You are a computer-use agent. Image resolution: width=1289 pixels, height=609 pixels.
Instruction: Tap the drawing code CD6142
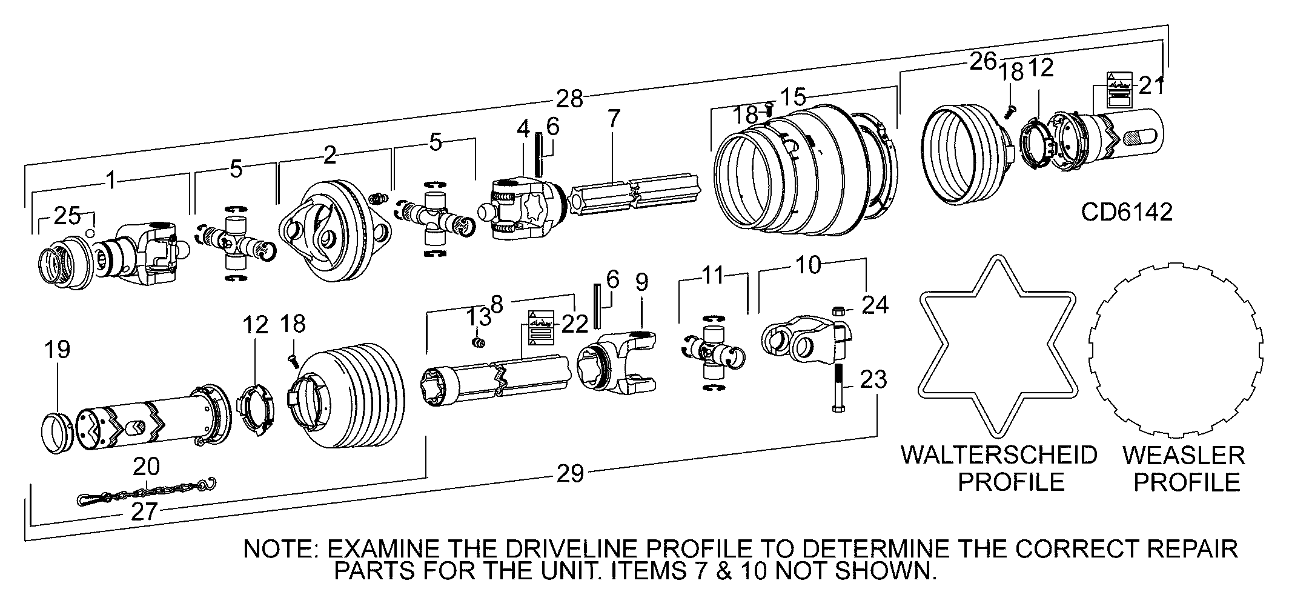coord(1127,212)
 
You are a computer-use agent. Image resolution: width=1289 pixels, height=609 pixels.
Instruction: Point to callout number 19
coord(57,350)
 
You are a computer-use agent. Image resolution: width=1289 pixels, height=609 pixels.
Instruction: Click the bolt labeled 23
coord(840,388)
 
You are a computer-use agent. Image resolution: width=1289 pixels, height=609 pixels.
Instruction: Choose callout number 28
coord(569,98)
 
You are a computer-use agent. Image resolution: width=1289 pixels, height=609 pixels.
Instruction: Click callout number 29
coord(569,473)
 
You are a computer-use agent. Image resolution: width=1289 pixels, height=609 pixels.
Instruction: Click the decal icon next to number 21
coord(1119,87)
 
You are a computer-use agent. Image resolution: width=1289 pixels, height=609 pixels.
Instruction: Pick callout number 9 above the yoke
coord(641,282)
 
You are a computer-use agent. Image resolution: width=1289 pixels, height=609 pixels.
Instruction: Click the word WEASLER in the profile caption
coord(1183,455)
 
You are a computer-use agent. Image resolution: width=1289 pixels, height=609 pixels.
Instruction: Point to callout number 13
coord(480,317)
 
